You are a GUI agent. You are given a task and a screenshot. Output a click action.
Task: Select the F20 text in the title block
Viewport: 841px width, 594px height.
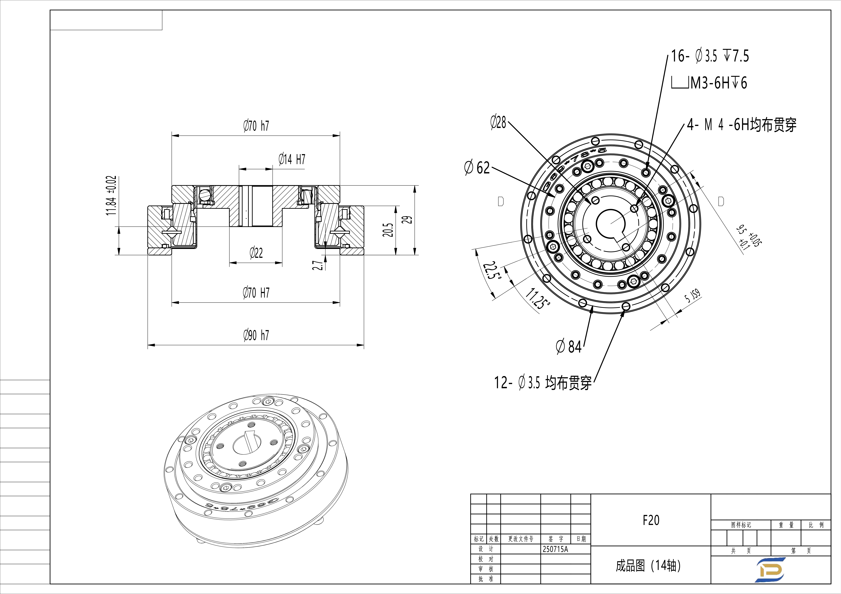[651, 520]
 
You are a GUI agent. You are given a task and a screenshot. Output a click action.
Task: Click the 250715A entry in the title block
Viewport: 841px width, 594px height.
[555, 549]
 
